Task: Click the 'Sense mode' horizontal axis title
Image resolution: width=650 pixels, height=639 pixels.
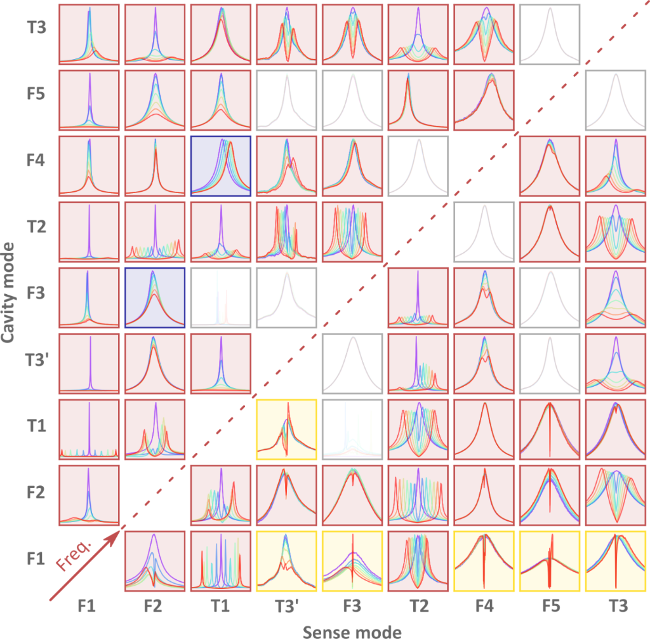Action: pos(352,631)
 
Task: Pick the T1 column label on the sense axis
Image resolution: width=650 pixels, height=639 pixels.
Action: pos(220,607)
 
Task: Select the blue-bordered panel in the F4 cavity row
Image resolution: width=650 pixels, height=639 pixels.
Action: pos(220,166)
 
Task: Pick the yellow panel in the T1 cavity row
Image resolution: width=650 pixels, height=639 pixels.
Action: pos(286,430)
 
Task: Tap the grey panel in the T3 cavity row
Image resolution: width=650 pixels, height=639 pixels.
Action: pos(550,34)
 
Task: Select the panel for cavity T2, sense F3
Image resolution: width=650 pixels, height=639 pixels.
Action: pos(352,232)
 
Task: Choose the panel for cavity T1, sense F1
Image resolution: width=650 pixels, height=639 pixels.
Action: pos(88,430)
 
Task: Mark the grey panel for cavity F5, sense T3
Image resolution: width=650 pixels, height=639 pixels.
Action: pos(616,100)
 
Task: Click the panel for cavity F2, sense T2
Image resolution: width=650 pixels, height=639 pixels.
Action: pos(418,495)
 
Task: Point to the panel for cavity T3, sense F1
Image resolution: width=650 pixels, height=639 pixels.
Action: pos(88,34)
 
